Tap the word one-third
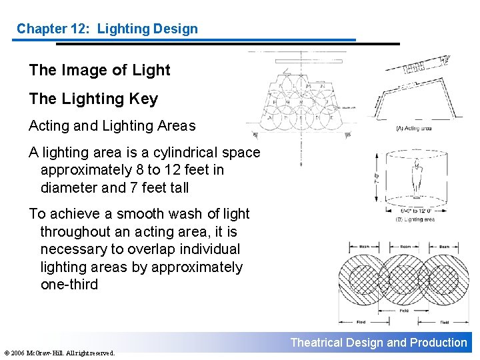69,285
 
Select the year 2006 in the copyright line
19,353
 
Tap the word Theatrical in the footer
315,343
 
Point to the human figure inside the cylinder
417,177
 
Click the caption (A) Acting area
414,129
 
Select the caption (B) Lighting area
415,219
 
